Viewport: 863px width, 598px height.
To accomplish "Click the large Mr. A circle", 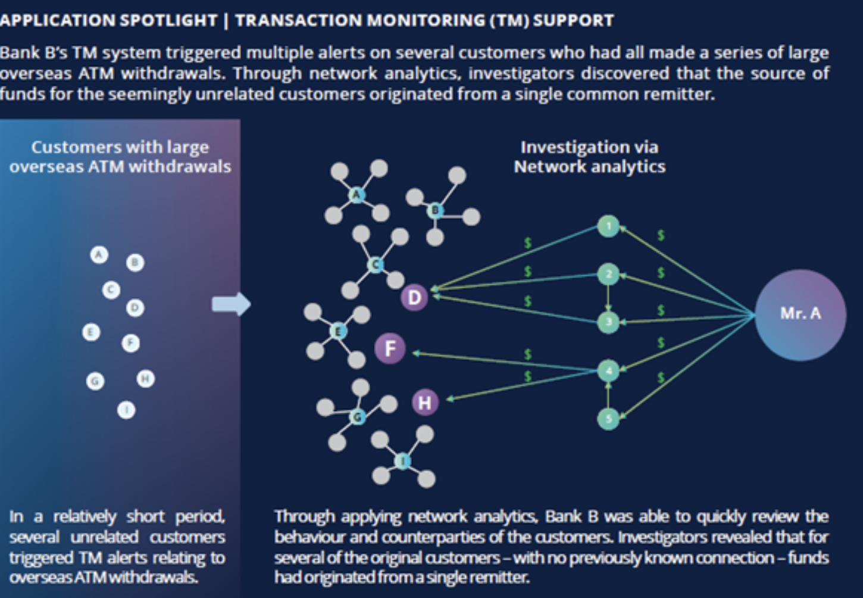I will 800,314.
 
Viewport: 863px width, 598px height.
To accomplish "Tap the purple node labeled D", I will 414,297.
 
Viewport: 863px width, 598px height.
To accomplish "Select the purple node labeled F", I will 390,348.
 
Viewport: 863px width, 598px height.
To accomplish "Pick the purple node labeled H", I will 424,403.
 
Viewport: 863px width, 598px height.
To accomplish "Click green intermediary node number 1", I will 608,226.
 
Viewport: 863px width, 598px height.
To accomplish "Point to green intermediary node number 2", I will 608,275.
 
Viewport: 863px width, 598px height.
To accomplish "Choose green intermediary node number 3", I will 608,322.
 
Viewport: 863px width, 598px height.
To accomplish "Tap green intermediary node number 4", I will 608,370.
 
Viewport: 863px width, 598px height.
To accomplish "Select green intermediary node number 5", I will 608,419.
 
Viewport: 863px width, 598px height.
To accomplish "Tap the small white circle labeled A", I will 99,255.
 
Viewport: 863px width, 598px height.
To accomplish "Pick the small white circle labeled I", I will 126,410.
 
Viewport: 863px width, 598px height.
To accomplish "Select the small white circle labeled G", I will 95,381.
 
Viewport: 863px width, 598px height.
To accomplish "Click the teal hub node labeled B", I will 435,210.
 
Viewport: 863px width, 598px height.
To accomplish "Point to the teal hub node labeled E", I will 337,331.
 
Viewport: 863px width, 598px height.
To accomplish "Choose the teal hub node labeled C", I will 375,264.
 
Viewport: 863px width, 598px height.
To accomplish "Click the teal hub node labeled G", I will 357,416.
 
